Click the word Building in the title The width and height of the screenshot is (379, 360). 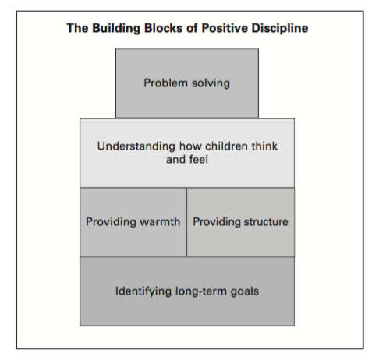point(116,29)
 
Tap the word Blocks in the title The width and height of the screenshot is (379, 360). point(163,28)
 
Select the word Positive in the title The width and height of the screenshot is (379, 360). point(225,28)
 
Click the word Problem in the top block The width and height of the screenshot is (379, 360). point(166,83)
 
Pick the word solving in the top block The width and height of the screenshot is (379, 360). point(211,83)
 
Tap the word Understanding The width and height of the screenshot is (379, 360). point(136,146)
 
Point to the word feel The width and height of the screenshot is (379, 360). point(199,159)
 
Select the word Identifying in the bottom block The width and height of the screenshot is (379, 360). point(143,291)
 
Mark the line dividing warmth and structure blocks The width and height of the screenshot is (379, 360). point(186,222)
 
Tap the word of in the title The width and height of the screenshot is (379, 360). point(192,28)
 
